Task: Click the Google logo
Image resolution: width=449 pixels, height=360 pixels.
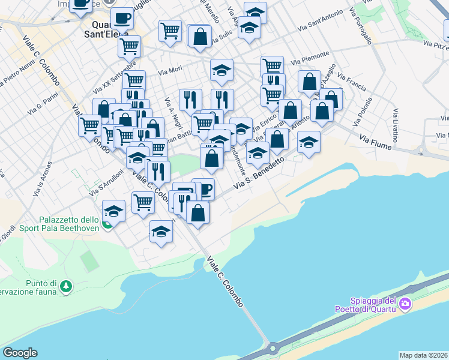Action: (x=20, y=353)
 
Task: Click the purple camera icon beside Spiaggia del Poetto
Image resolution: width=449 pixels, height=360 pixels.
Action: (x=405, y=304)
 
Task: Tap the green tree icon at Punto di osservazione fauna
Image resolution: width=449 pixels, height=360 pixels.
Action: (x=66, y=287)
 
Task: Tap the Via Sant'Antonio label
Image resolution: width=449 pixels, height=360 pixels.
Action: (x=321, y=22)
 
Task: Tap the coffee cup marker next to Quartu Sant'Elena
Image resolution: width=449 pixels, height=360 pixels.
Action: (x=123, y=19)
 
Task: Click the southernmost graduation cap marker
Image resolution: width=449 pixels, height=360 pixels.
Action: (x=161, y=232)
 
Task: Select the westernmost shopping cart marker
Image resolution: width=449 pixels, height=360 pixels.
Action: (x=90, y=125)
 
